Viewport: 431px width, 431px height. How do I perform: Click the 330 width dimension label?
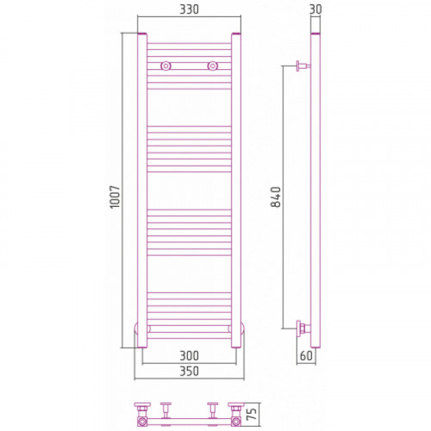[x=189, y=9]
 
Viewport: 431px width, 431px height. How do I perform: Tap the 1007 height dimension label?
[x=115, y=197]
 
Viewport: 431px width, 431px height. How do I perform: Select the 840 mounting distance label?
[x=276, y=197]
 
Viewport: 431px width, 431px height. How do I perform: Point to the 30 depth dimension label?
[x=315, y=9]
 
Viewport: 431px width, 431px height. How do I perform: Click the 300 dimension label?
[x=189, y=356]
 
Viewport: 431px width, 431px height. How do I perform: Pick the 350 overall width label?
[x=189, y=372]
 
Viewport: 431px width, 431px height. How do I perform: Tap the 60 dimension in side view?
[x=306, y=356]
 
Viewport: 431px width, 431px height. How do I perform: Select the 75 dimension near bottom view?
[x=252, y=414]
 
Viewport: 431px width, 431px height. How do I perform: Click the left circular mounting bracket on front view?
[x=166, y=66]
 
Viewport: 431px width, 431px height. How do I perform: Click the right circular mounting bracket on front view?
[x=212, y=66]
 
